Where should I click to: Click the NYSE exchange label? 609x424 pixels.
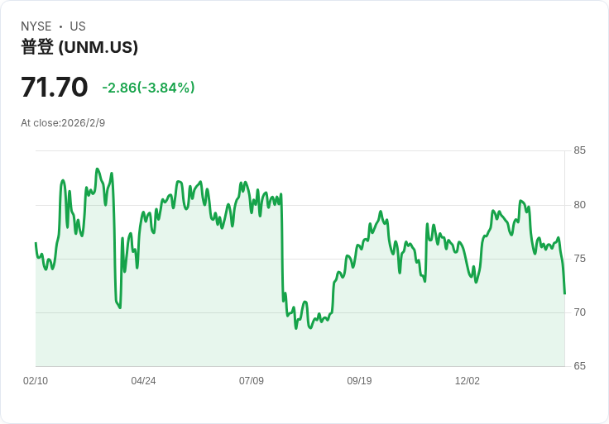pos(36,26)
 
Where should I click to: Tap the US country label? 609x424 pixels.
pos(78,26)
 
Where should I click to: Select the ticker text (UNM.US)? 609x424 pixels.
pos(98,47)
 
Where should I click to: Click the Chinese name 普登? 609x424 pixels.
pos(37,47)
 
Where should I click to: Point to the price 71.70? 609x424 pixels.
pos(55,87)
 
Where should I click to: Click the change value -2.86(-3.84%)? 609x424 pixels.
pos(148,88)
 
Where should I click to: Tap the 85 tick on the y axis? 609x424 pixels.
pos(579,150)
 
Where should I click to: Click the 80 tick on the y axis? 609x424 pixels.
pos(579,205)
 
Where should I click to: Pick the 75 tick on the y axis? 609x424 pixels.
pos(579,259)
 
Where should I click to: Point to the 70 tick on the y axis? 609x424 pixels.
pos(579,312)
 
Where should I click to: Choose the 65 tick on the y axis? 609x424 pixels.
pos(579,366)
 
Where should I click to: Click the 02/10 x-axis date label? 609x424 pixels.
pos(36,381)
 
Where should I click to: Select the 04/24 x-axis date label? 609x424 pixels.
pos(143,381)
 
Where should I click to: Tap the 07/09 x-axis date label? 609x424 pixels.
pos(252,381)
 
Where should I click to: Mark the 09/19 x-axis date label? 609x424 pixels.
pos(359,381)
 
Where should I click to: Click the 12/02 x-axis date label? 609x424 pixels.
pos(468,381)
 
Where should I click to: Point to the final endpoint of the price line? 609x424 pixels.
pos(564,293)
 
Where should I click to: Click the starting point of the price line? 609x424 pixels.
pos(36,243)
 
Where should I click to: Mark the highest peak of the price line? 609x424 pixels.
pos(97,169)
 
